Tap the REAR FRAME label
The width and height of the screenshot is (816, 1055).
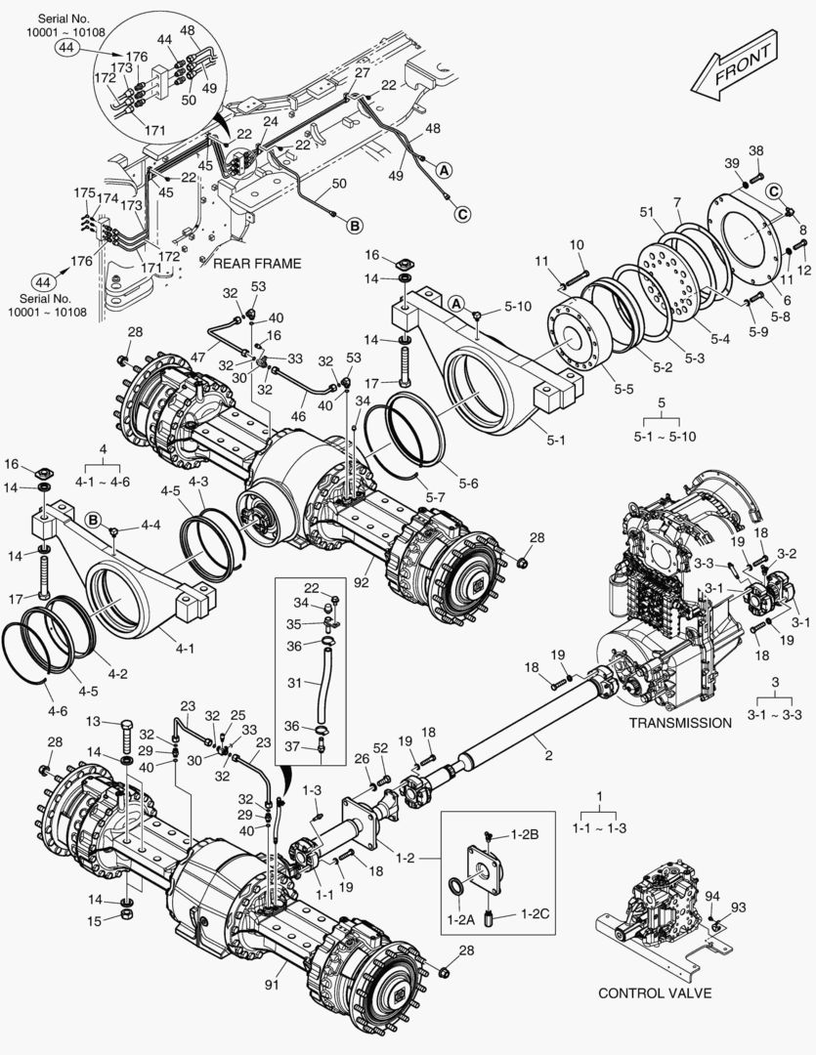[257, 263]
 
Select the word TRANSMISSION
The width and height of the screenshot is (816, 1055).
[679, 723]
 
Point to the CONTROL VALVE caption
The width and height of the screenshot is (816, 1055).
[654, 993]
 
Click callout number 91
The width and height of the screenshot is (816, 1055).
[272, 985]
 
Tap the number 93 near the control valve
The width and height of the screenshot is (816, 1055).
[738, 907]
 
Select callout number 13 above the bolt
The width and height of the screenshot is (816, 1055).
[94, 721]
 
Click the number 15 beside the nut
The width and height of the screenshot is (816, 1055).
[94, 920]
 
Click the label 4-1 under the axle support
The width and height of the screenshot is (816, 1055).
[184, 648]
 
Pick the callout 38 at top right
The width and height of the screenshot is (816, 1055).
[755, 150]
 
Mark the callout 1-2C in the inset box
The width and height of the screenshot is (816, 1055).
[535, 913]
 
